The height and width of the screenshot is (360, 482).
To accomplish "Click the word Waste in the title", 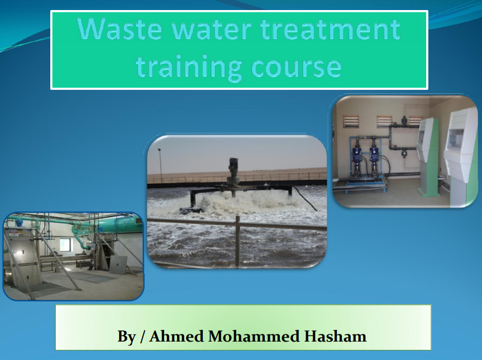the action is click(x=120, y=29).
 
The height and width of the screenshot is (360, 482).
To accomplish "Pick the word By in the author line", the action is click(x=126, y=337).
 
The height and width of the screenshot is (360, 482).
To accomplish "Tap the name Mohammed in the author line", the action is click(x=254, y=336).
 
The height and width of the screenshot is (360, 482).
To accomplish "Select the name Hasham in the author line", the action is click(x=335, y=336).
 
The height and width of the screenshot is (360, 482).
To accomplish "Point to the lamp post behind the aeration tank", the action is click(x=160, y=166).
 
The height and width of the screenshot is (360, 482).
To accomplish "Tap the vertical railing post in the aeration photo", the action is click(x=237, y=241).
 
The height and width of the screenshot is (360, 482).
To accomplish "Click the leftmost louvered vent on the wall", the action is click(x=351, y=121).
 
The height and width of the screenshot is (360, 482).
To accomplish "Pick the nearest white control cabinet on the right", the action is click(x=461, y=157).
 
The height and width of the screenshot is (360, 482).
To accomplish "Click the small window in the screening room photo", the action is click(x=65, y=245).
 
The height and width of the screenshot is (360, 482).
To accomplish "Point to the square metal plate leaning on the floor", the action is click(x=118, y=265).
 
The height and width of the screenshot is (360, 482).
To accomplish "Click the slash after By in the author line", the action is click(x=142, y=337).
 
